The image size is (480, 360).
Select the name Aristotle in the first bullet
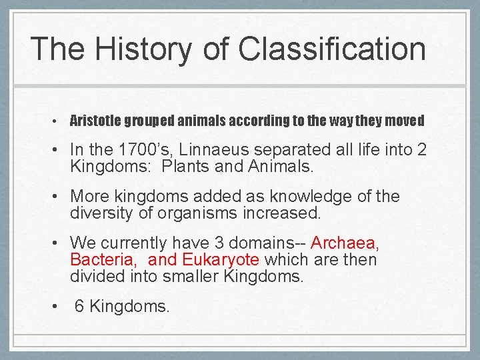[x=96, y=121]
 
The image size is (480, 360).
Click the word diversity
[x=103, y=214]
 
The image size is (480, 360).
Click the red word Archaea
[x=345, y=243]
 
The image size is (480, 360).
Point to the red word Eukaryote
[x=221, y=259]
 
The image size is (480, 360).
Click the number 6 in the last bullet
[x=79, y=306]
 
